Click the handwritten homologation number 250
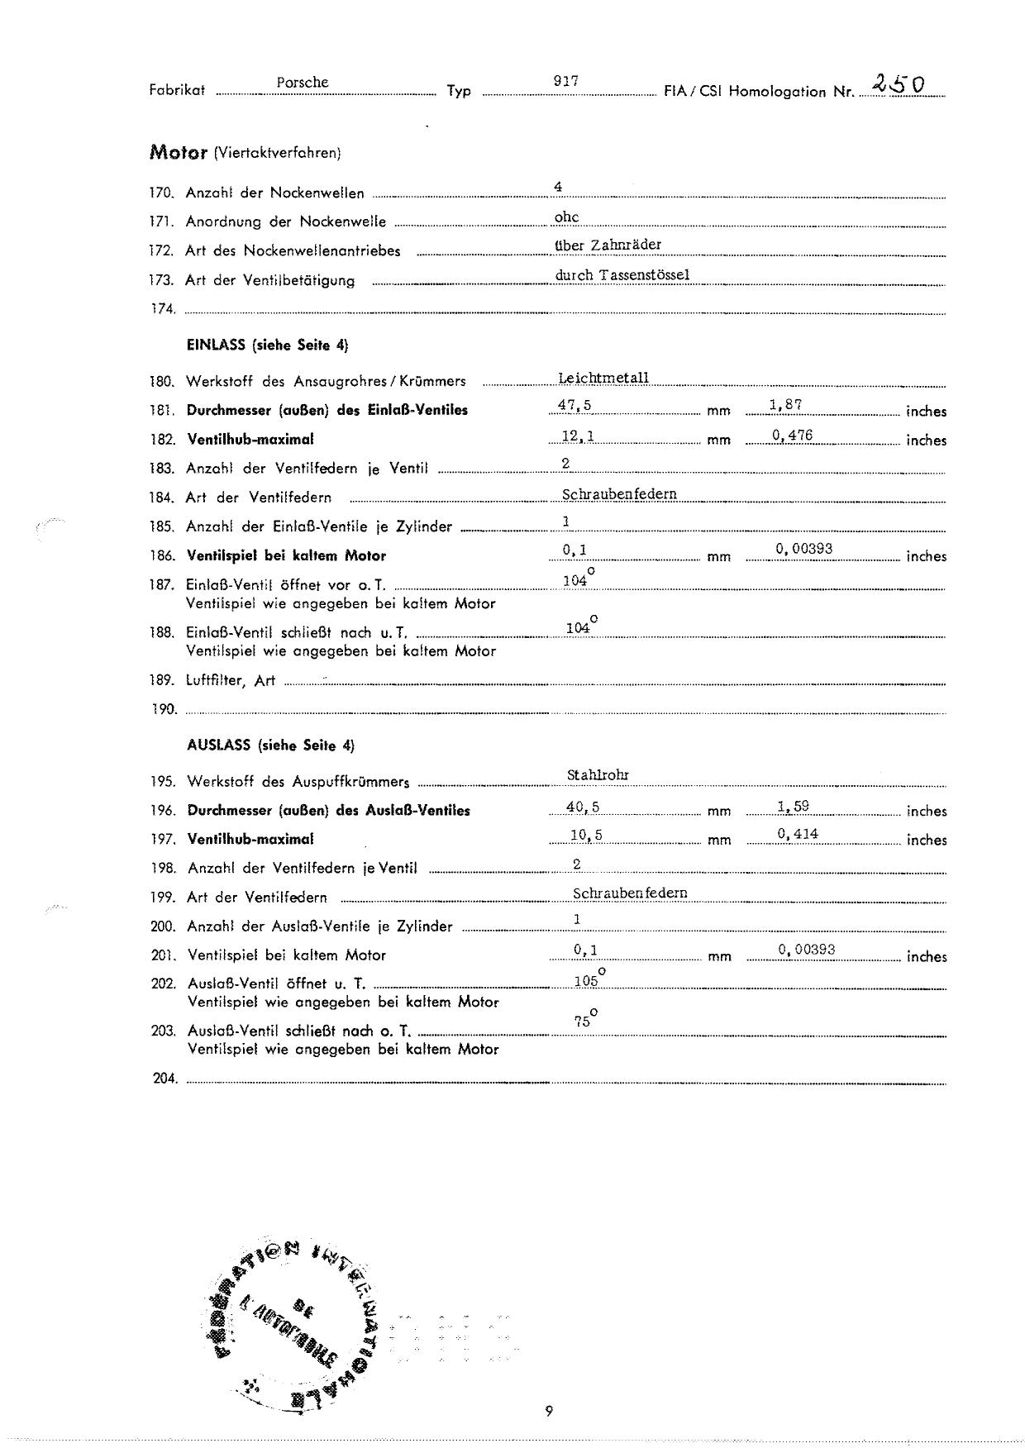point(898,83)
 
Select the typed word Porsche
point(303,83)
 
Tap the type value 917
point(565,81)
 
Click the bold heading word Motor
point(178,153)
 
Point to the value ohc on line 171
point(566,217)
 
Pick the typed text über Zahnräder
point(608,245)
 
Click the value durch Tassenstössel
point(622,274)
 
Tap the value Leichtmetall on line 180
point(603,378)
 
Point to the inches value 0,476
point(793,436)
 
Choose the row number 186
point(162,556)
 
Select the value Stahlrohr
point(598,775)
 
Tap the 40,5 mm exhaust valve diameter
point(584,807)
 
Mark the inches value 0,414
point(798,834)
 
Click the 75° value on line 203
point(584,1020)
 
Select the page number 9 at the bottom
point(549,1411)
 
